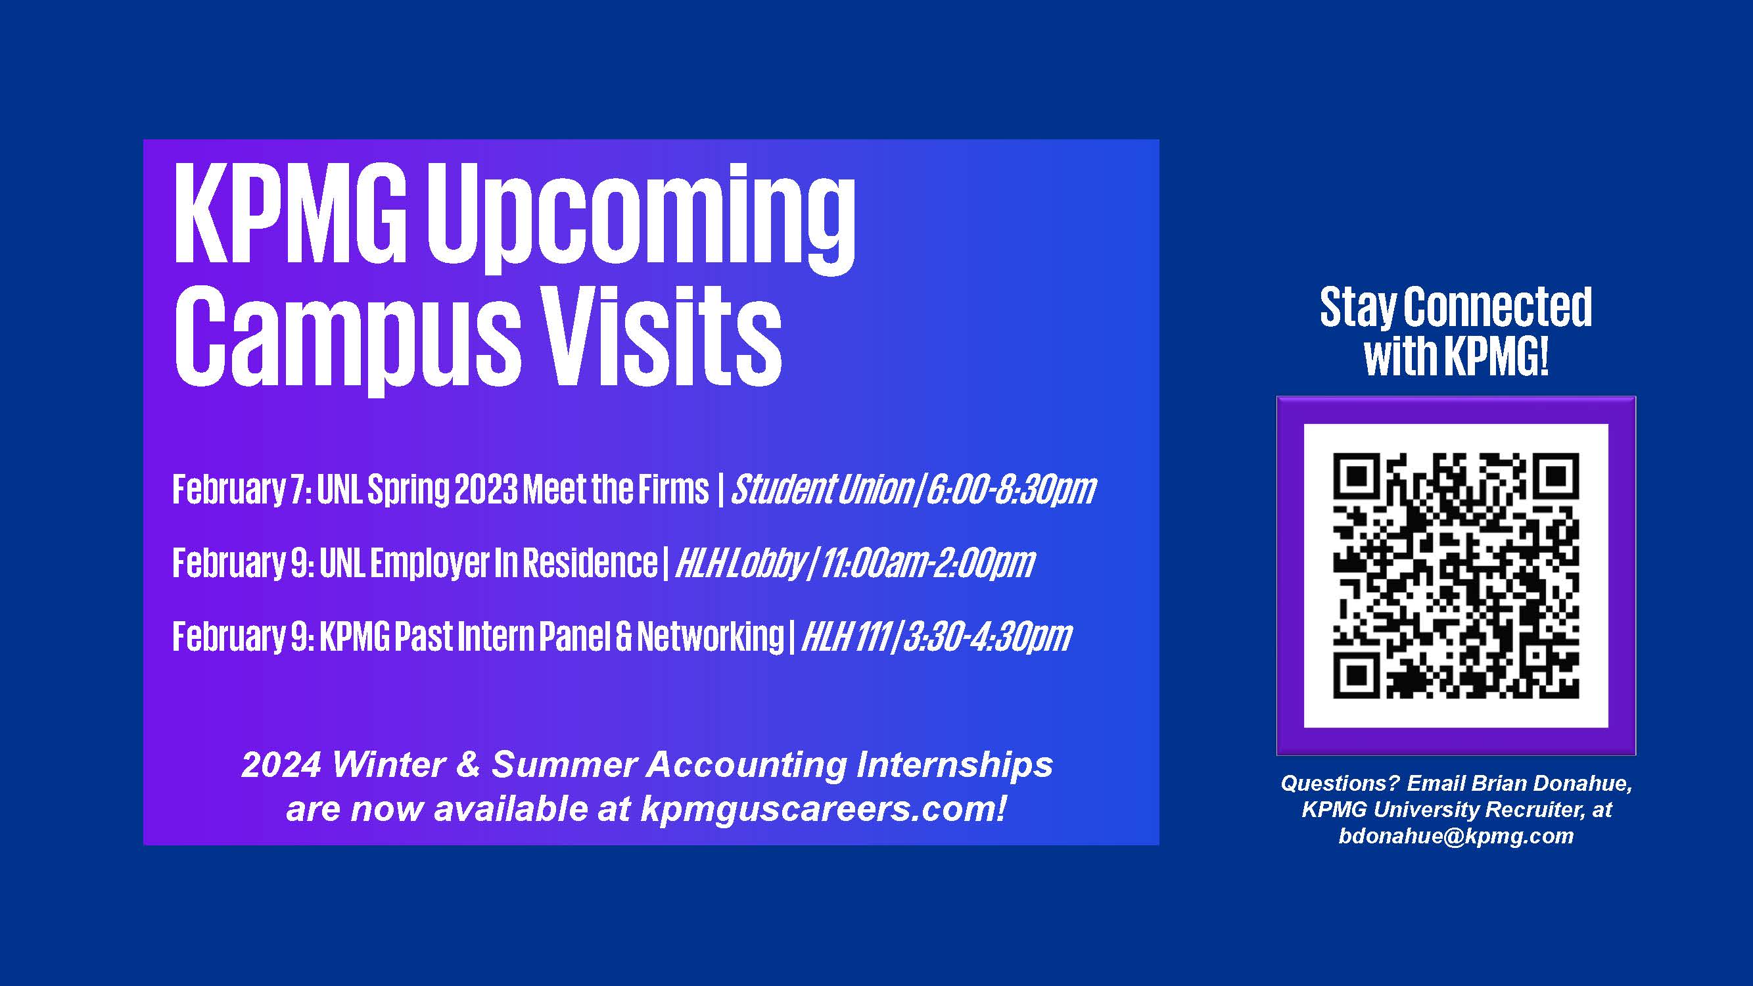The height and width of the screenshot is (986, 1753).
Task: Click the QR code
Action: [x=1456, y=575]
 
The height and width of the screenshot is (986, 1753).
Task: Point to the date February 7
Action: [x=243, y=490]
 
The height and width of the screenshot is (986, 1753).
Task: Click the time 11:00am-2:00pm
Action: [x=927, y=563]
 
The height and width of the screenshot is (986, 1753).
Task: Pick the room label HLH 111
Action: [x=846, y=637]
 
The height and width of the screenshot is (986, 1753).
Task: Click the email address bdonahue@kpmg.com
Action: [x=1456, y=835]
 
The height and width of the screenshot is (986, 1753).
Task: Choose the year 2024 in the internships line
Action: [x=281, y=764]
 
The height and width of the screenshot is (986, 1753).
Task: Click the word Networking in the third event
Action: [x=710, y=637]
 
